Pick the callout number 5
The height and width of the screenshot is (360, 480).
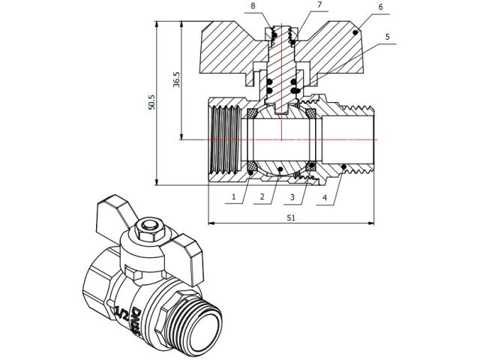tap(387, 35)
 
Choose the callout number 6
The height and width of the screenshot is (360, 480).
tap(381, 7)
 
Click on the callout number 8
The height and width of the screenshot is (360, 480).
tap(253, 5)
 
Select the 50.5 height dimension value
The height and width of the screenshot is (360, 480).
tap(152, 103)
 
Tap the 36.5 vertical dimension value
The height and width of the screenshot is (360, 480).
tap(177, 80)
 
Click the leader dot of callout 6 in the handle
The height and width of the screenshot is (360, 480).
tap(355, 32)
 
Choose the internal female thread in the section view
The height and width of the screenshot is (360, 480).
tap(226, 139)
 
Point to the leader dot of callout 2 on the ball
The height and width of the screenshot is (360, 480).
tap(279, 169)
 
